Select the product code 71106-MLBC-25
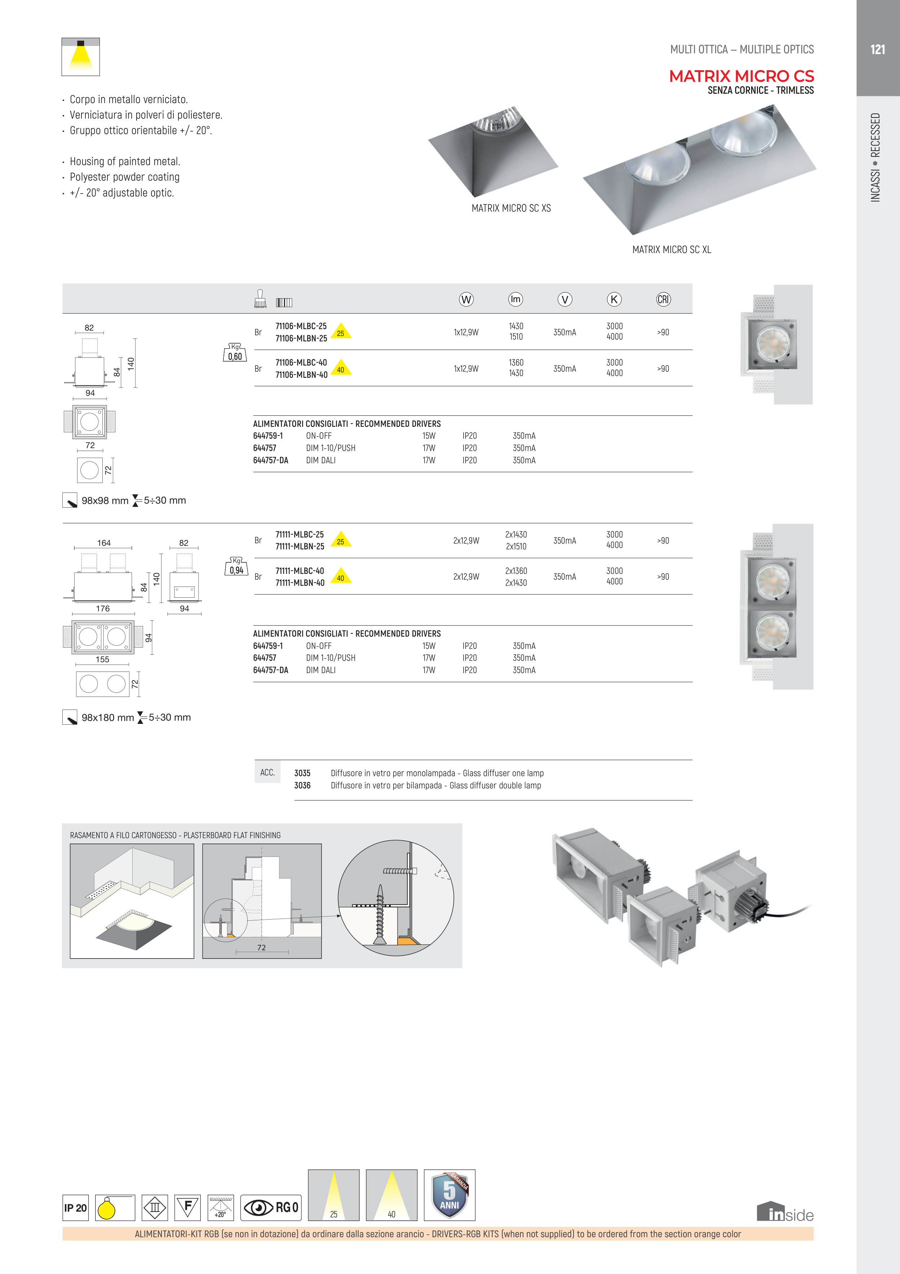point(301,326)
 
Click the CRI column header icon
point(663,300)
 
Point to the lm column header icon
point(515,300)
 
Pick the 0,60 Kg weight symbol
point(235,353)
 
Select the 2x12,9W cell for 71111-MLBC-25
point(466,540)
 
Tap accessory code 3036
point(302,785)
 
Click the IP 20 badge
point(75,1207)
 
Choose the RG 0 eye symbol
point(271,1207)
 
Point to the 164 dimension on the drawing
point(104,543)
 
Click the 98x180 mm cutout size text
point(108,717)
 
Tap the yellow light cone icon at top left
point(80,57)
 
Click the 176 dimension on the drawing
point(103,609)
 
